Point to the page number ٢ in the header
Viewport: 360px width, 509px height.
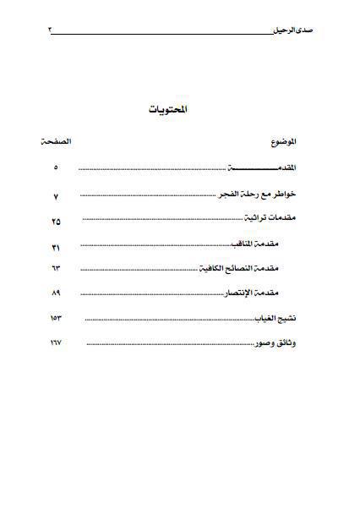coord(50,30)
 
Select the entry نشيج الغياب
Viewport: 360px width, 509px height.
coord(279,319)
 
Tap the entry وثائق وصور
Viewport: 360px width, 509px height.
coord(280,344)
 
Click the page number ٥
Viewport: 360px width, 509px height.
coord(56,167)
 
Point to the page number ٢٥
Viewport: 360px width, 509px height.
coord(56,222)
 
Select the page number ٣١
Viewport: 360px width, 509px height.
coord(57,247)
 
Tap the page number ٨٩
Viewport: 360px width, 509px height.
coord(57,293)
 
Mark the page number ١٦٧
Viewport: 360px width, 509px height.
coord(57,344)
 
